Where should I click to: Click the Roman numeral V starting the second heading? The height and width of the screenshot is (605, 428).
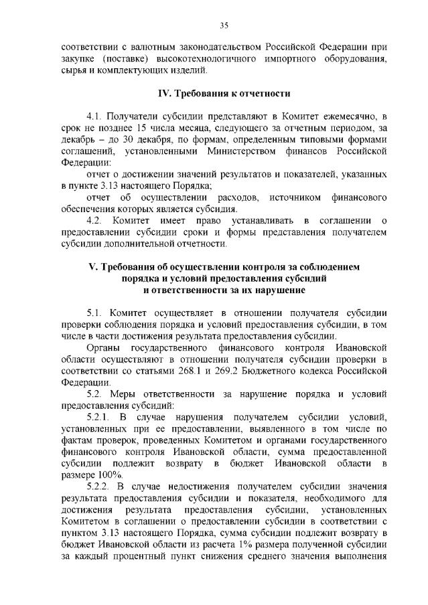click(x=93, y=267)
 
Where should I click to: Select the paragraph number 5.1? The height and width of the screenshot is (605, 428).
click(x=95, y=313)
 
